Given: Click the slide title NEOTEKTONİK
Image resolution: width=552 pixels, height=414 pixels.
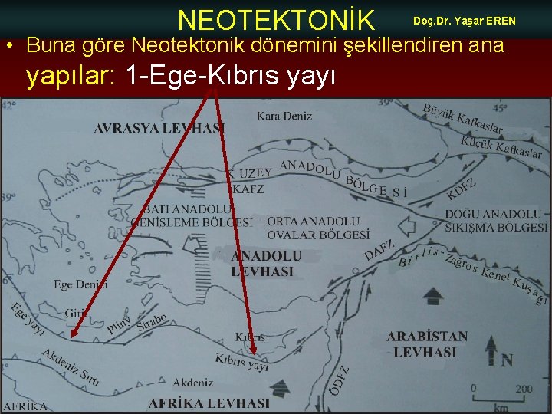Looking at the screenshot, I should click(276, 19).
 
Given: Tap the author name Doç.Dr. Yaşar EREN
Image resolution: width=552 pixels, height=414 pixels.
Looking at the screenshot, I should click(465, 20).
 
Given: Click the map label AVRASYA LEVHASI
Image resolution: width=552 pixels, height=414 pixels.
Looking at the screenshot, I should click(159, 129).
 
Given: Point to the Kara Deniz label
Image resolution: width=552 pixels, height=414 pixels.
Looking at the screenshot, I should click(284, 117).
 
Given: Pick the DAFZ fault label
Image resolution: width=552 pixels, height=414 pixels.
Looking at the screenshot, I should click(379, 249).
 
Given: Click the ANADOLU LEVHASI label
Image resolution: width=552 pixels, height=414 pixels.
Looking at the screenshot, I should click(266, 263).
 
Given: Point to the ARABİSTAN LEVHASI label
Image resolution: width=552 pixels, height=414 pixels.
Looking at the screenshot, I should click(427, 344).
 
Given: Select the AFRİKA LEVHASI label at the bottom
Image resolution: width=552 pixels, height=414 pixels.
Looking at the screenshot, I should click(209, 402).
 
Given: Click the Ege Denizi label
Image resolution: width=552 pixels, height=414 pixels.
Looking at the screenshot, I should click(76, 284).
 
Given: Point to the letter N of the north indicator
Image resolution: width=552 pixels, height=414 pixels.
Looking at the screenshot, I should click(506, 360).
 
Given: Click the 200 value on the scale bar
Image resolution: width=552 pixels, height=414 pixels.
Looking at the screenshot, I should click(524, 389).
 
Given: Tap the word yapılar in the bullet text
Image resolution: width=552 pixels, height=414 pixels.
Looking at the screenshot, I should click(71, 76).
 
